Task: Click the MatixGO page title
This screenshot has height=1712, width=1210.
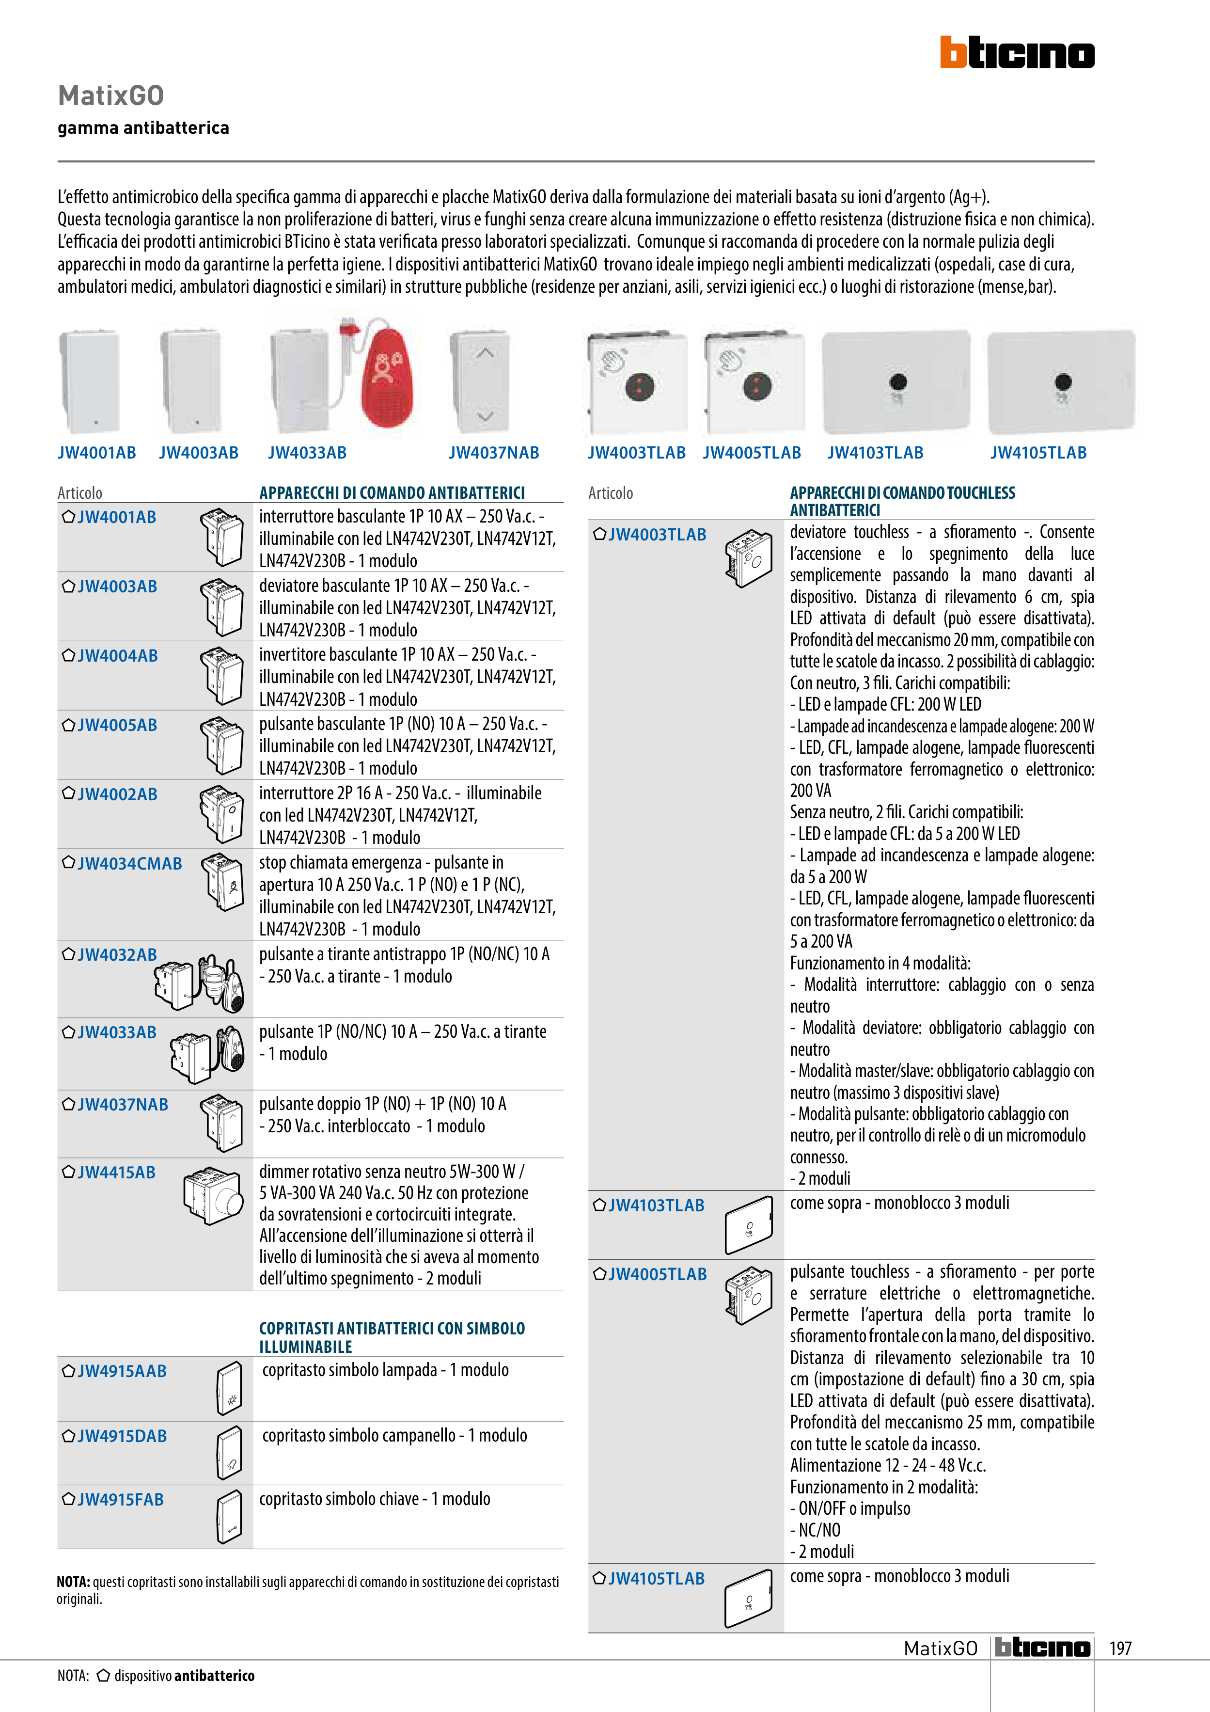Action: click(x=111, y=95)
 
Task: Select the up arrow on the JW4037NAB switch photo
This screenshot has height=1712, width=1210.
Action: click(x=485, y=353)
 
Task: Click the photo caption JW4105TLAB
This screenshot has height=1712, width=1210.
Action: click(x=1038, y=453)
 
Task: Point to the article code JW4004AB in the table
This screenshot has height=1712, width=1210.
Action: click(x=117, y=655)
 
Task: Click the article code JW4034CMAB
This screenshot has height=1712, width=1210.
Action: click(x=129, y=863)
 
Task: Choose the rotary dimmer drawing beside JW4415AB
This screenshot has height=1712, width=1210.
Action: click(x=214, y=1195)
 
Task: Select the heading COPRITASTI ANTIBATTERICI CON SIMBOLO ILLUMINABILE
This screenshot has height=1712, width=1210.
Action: click(x=392, y=1337)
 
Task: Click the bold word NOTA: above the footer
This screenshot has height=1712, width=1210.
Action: click(x=73, y=1582)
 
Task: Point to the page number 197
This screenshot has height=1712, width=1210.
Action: click(x=1120, y=1648)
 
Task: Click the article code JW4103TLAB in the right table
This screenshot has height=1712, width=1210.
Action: click(x=656, y=1205)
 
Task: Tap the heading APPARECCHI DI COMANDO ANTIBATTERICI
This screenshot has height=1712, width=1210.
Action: click(x=392, y=493)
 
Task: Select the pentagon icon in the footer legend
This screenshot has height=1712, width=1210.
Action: click(x=104, y=1676)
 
